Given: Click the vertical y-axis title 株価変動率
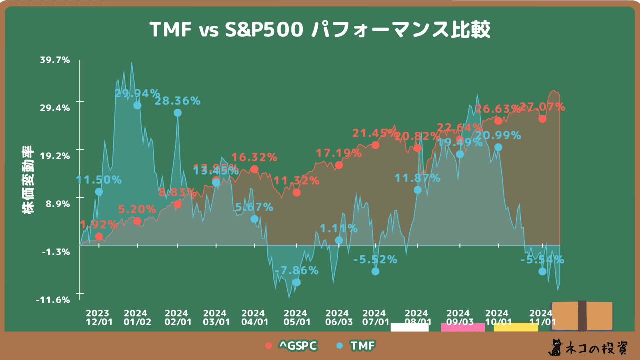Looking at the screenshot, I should pyautogui.click(x=28, y=180).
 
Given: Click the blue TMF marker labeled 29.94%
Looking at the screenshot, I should pyautogui.click(x=137, y=105).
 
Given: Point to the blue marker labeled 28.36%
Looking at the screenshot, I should pyautogui.click(x=178, y=113).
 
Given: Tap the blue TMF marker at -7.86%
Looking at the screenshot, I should pyautogui.click(x=297, y=282).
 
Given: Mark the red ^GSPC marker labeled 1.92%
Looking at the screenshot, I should pyautogui.click(x=99, y=236).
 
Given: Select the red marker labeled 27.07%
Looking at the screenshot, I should pyautogui.click(x=542, y=119).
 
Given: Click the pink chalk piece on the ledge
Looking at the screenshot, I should pyautogui.click(x=463, y=327).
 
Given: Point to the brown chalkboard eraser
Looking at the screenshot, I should pyautogui.click(x=582, y=316).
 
